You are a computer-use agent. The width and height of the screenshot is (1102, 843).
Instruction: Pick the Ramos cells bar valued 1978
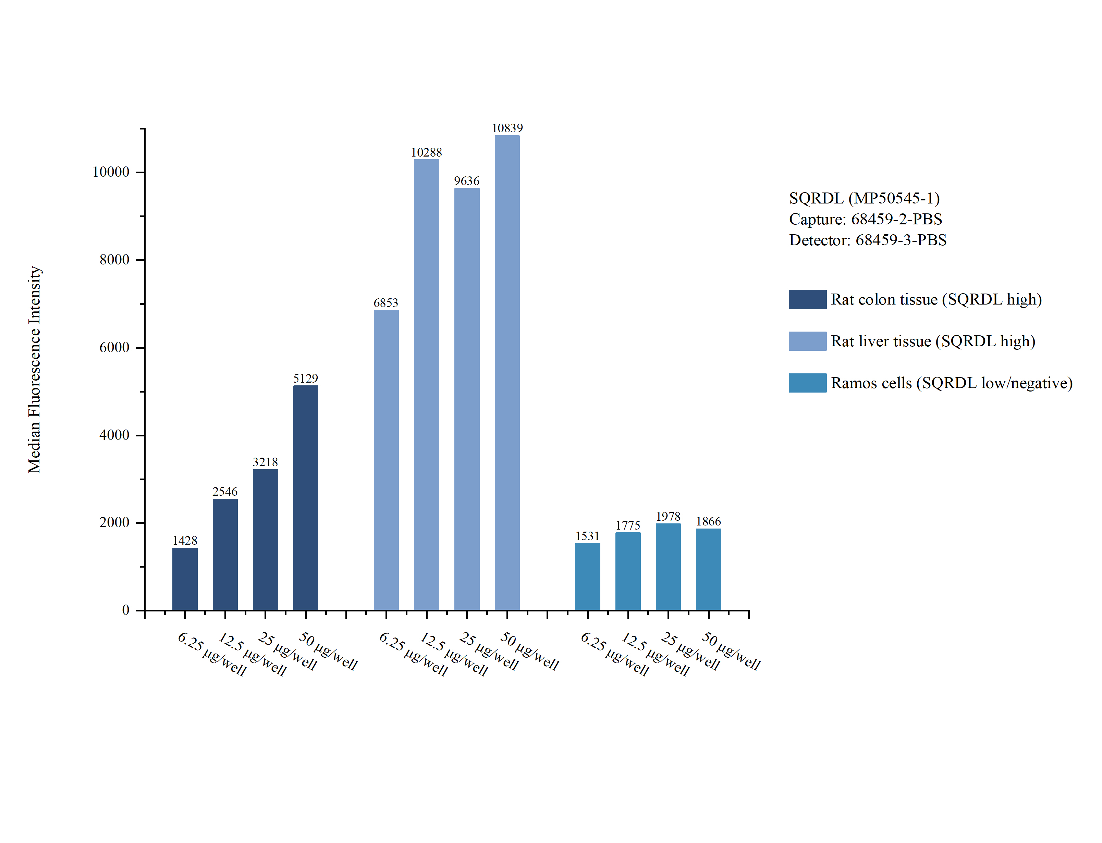(668, 567)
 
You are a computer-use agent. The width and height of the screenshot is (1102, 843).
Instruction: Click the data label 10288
(426, 152)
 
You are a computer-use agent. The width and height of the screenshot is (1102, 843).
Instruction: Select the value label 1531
(587, 536)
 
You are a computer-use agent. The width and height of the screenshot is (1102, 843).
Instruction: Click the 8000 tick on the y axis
(114, 260)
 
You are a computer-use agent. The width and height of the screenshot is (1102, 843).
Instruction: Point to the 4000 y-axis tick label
(114, 435)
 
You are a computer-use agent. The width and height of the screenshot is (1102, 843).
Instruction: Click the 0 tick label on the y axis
(125, 610)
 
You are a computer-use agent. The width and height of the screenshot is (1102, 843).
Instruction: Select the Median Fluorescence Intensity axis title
(34, 369)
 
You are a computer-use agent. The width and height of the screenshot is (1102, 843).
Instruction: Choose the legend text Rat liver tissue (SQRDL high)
(932, 341)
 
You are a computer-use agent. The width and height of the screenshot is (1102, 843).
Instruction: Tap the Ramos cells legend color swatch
(807, 383)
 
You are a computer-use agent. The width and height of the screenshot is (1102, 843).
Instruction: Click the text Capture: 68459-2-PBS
(865, 219)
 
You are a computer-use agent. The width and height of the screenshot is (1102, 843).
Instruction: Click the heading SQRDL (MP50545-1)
(864, 198)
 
